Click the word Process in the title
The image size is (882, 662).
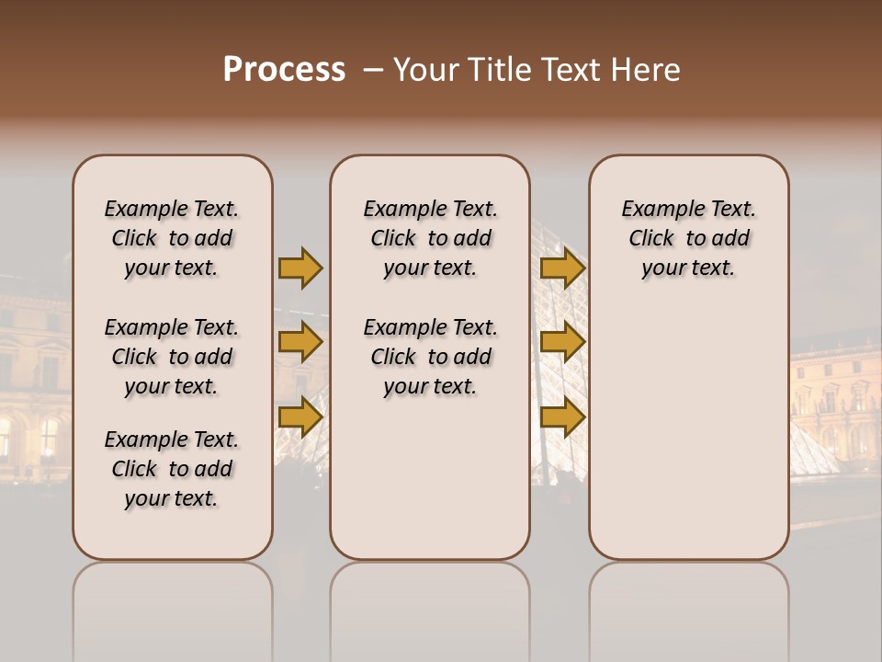point(284,70)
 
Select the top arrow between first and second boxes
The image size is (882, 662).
point(300,268)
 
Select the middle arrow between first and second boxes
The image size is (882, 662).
point(300,343)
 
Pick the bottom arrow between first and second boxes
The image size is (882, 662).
point(300,417)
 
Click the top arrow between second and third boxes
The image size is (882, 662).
point(562,268)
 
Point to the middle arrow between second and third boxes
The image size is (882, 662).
point(562,343)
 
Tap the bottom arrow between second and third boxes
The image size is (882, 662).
point(562,417)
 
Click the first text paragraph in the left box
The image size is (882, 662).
point(172,238)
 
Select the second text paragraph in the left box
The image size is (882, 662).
point(172,357)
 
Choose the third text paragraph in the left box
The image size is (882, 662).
point(172,469)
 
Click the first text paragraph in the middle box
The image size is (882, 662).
point(430,238)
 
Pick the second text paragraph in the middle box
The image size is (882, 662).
point(430,357)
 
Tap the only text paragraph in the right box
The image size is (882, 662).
point(688,238)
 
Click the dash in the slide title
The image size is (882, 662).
point(373,71)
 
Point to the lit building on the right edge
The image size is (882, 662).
point(836,395)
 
